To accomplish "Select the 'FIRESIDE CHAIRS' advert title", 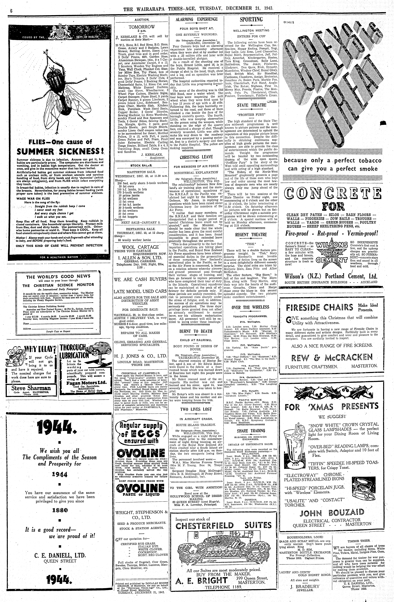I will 319,307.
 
